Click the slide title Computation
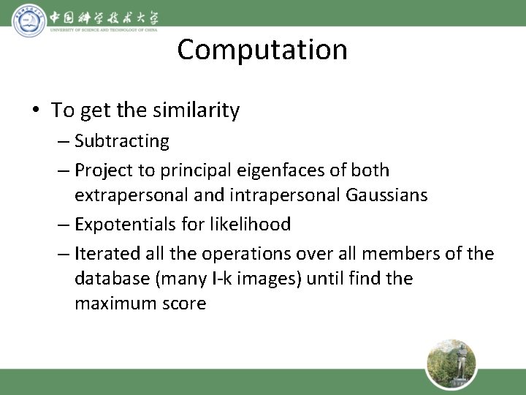[262, 50]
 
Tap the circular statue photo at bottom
[451, 364]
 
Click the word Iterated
[108, 254]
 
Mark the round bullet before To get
[36, 110]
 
